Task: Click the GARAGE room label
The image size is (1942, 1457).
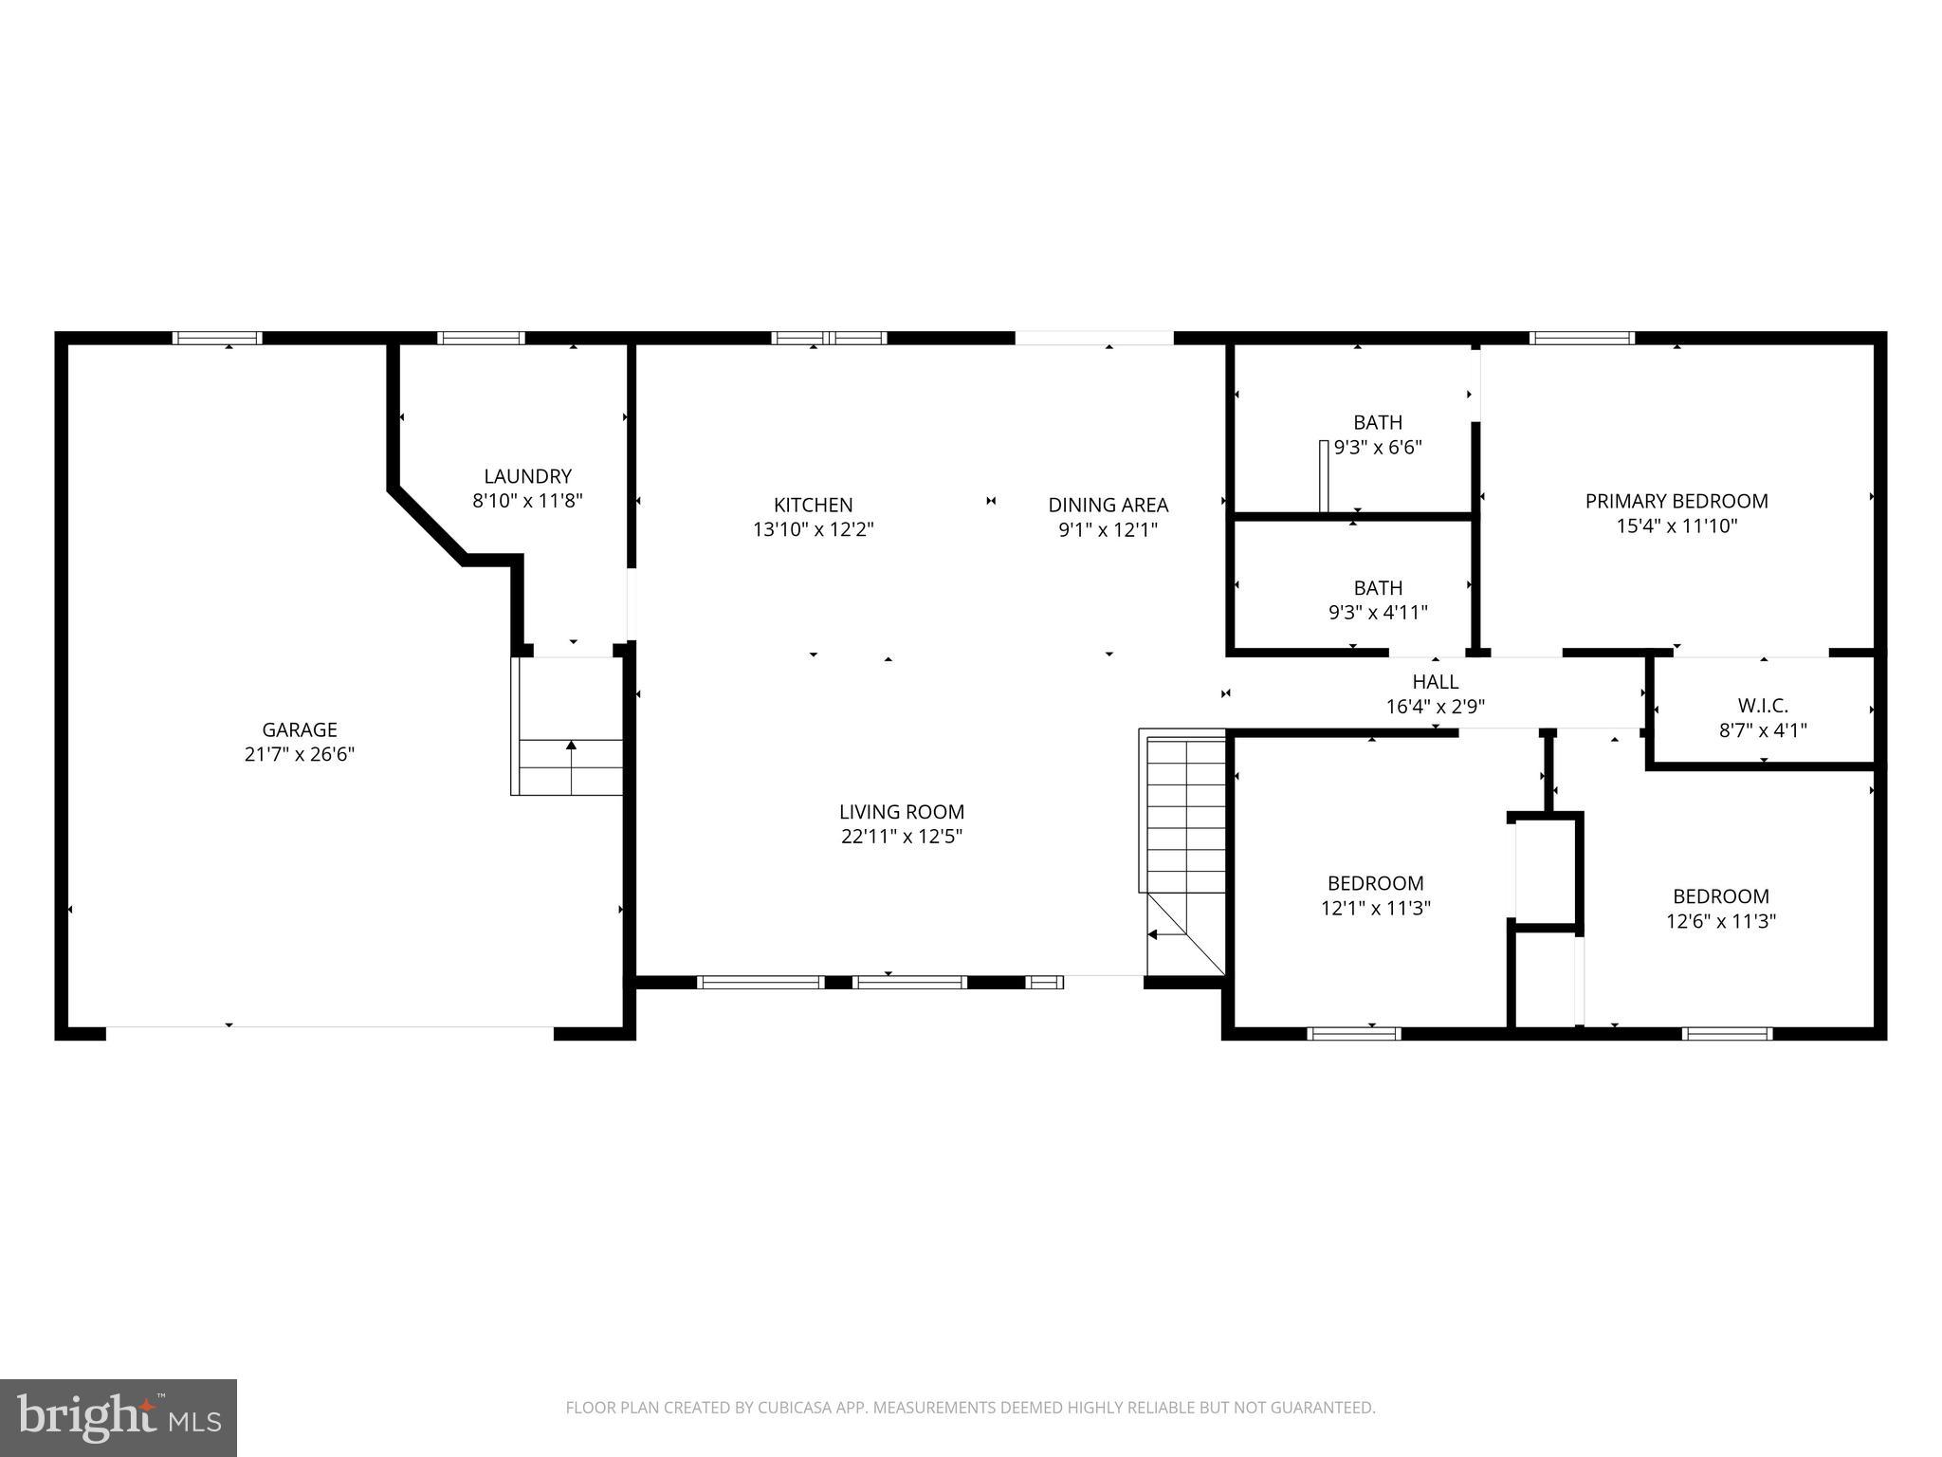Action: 300,729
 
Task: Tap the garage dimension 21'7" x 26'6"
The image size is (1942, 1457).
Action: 300,755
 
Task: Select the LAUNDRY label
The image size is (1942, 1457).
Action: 527,476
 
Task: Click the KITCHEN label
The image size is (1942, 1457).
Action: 813,505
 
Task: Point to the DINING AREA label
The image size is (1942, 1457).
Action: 1108,505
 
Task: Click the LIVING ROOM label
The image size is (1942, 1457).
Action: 901,812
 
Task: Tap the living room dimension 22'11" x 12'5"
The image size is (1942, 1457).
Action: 901,837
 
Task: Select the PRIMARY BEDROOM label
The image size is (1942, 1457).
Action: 1676,501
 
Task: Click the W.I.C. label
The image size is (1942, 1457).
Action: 1763,706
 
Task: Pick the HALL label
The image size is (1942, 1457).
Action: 1435,681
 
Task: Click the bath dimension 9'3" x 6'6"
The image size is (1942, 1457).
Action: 1378,448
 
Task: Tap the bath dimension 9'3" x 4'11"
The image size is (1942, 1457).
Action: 1378,613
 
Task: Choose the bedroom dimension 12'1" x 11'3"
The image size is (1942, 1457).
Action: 1375,909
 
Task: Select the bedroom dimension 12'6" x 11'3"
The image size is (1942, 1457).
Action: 1720,921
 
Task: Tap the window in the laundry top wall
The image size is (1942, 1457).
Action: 481,338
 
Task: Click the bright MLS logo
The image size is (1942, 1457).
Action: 118,1417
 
